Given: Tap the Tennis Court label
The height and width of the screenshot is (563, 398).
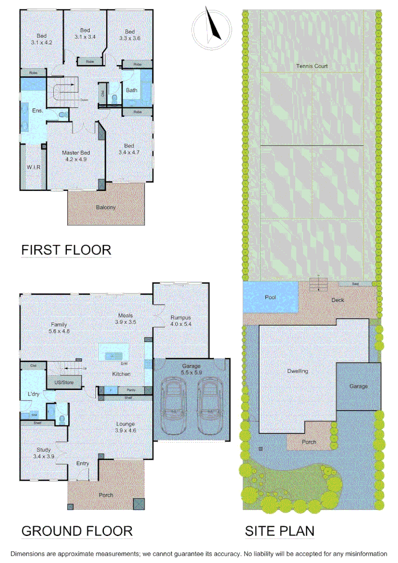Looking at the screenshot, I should click(x=312, y=66).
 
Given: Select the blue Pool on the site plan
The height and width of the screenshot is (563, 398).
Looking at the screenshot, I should click(x=270, y=297).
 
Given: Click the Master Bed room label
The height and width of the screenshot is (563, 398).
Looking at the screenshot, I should click(x=76, y=153).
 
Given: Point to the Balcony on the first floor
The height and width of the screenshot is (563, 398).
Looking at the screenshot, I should click(x=105, y=207).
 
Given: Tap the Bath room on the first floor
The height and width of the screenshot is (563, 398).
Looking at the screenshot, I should click(x=131, y=90).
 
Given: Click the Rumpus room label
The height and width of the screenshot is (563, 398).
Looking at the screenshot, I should click(x=180, y=317).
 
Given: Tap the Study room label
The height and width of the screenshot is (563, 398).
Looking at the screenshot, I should click(x=43, y=450).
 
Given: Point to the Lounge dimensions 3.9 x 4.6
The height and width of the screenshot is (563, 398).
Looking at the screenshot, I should click(x=125, y=431).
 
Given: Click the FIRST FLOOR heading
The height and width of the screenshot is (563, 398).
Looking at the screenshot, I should click(x=66, y=250).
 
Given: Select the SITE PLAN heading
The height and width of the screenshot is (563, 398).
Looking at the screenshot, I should click(x=280, y=531).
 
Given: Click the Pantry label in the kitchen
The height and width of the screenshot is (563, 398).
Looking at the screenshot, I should click(x=124, y=390).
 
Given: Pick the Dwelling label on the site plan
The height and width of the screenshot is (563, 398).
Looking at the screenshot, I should click(x=297, y=371).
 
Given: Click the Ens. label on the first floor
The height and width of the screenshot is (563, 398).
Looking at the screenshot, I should click(x=37, y=111).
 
